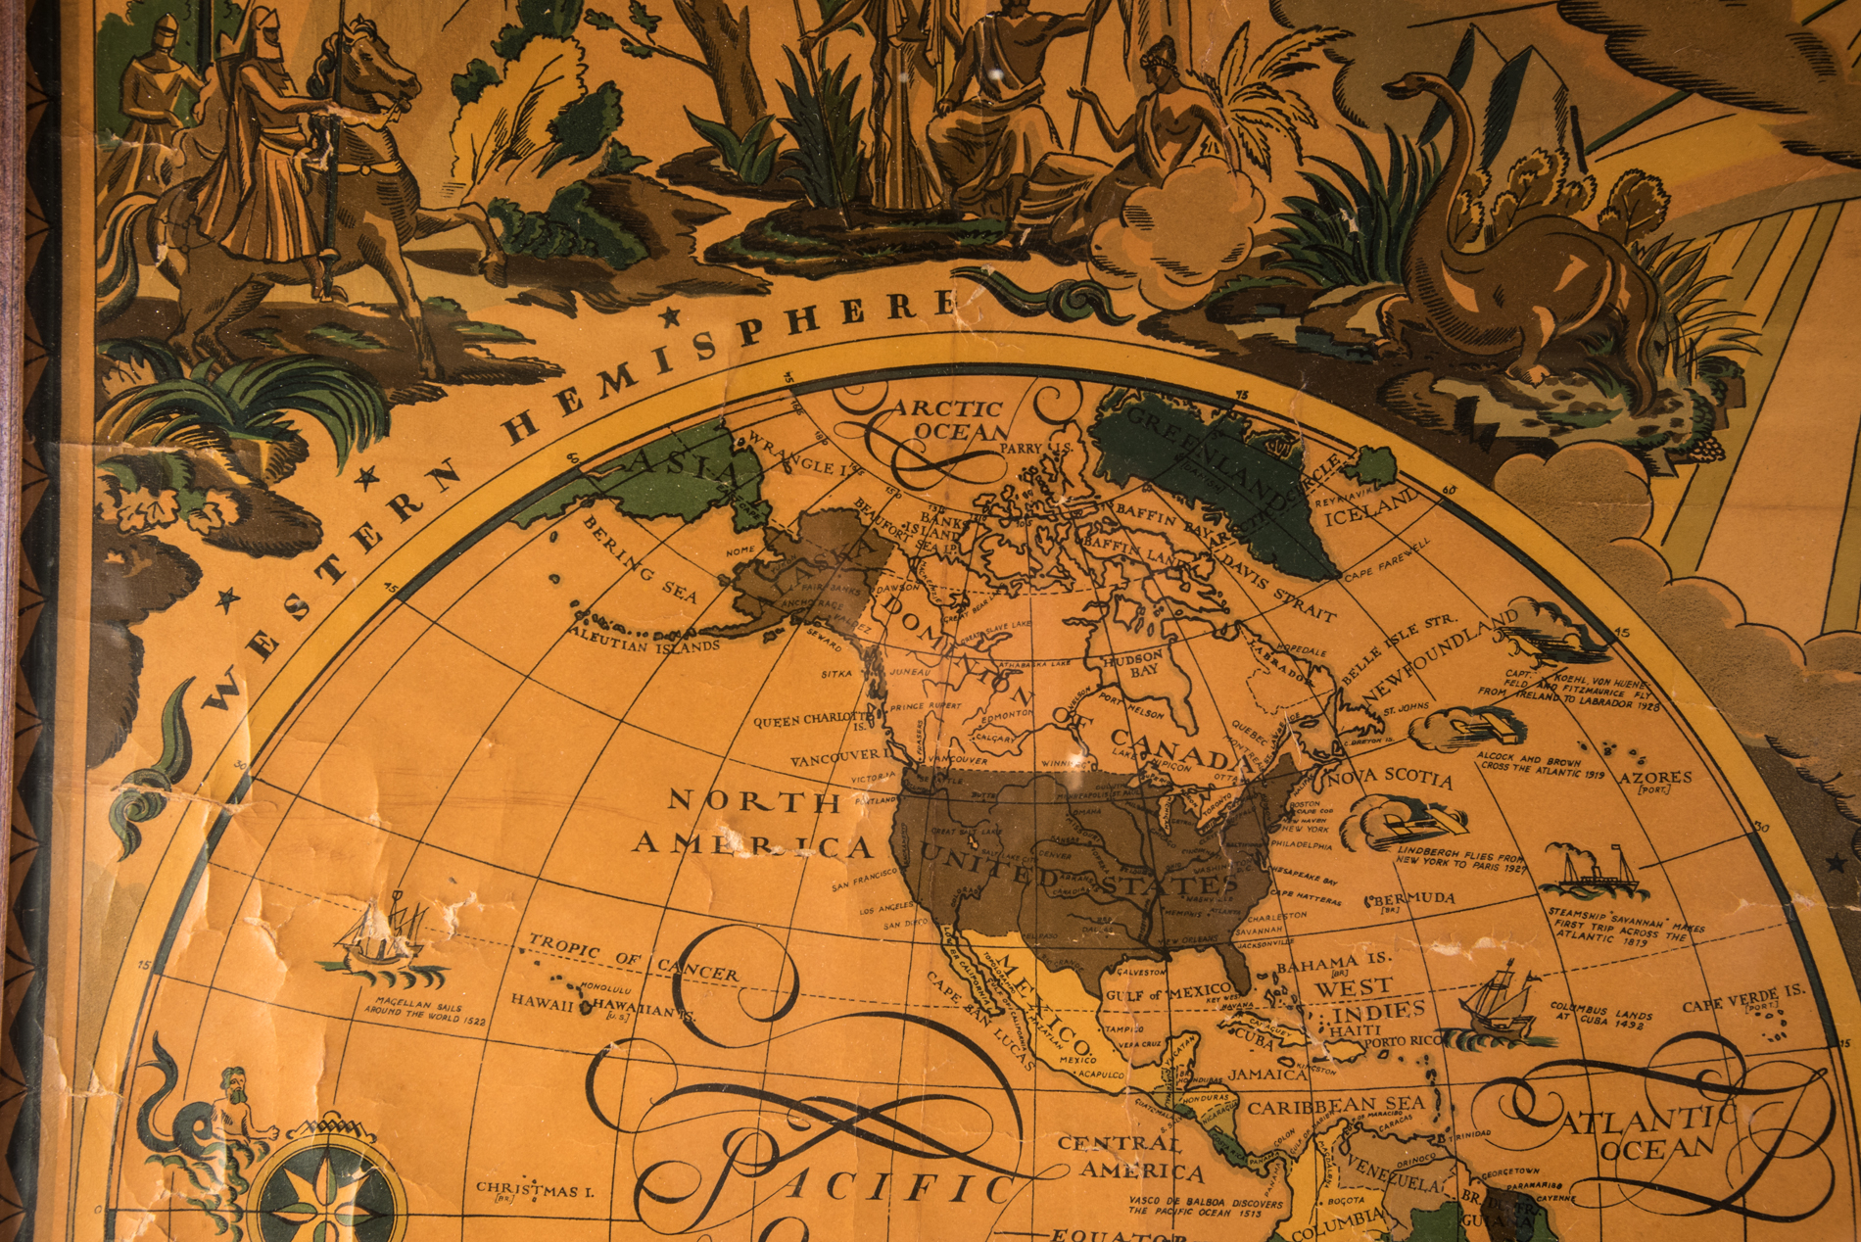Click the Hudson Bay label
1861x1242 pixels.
tap(1133, 665)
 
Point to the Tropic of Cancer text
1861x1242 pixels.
tap(633, 958)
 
